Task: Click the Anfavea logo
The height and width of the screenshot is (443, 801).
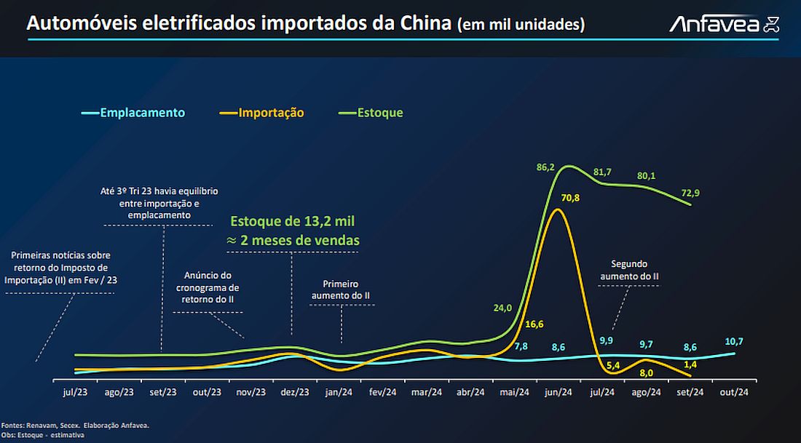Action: click(x=725, y=25)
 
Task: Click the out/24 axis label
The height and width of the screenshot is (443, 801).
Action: click(x=733, y=392)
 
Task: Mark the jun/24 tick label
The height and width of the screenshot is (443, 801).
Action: click(x=558, y=392)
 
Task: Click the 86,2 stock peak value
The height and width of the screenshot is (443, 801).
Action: click(x=545, y=167)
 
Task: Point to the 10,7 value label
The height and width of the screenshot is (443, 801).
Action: click(x=735, y=341)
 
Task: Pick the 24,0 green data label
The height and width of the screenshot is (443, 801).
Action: click(x=502, y=308)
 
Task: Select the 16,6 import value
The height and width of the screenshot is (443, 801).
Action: click(x=534, y=324)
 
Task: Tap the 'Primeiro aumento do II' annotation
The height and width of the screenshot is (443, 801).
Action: click(x=341, y=290)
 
